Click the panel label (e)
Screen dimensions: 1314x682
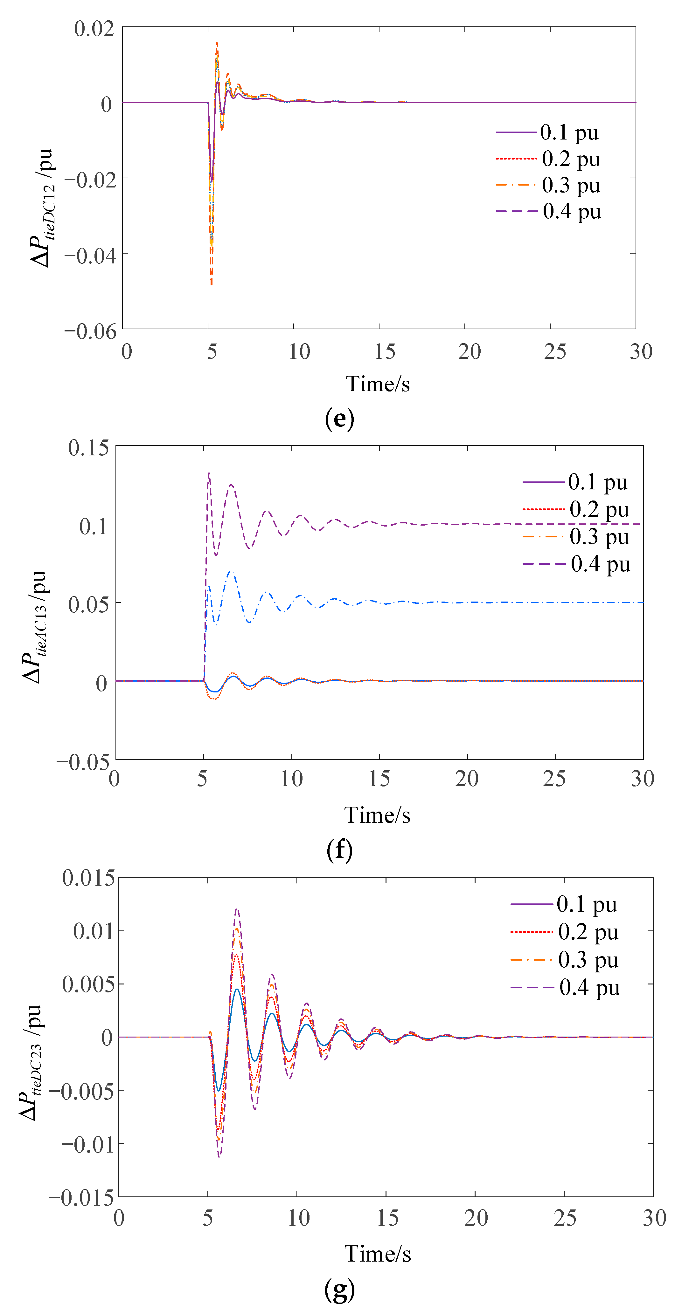(339, 419)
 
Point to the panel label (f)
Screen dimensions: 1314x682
(339, 849)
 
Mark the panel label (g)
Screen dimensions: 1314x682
(339, 1290)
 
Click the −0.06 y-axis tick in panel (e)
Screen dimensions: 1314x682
(90, 331)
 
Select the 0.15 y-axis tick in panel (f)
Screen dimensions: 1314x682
(88, 447)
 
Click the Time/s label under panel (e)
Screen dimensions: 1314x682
(378, 384)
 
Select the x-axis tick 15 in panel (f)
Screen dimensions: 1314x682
(379, 779)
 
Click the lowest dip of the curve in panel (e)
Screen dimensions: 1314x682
(211, 284)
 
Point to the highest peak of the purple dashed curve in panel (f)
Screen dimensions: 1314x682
(209, 473)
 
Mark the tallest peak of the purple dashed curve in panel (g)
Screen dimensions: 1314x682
(236, 909)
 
